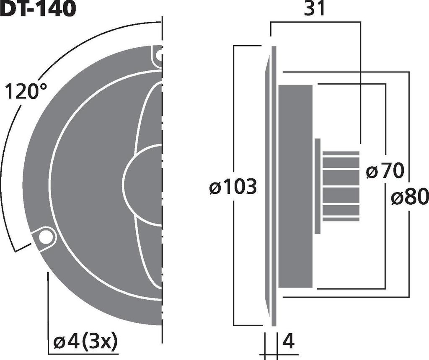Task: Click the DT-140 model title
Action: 38,9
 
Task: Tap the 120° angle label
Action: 26,92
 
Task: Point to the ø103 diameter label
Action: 233,187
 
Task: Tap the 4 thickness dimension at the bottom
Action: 288,342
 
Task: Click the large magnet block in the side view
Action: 295,186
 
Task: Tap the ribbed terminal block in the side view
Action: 341,186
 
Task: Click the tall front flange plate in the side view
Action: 274,186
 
